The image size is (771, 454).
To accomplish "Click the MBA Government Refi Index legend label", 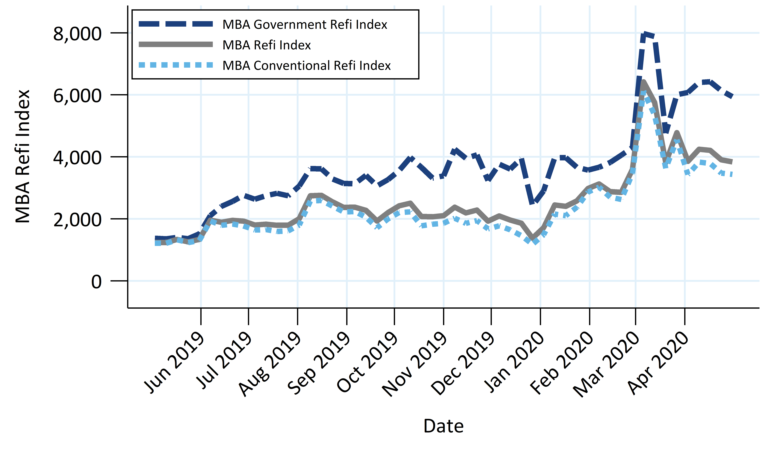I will click(x=305, y=24).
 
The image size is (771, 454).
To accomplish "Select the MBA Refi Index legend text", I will click(x=267, y=45).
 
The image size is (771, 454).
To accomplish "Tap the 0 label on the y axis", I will click(x=96, y=282).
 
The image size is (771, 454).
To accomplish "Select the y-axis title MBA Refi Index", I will click(x=23, y=156).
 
